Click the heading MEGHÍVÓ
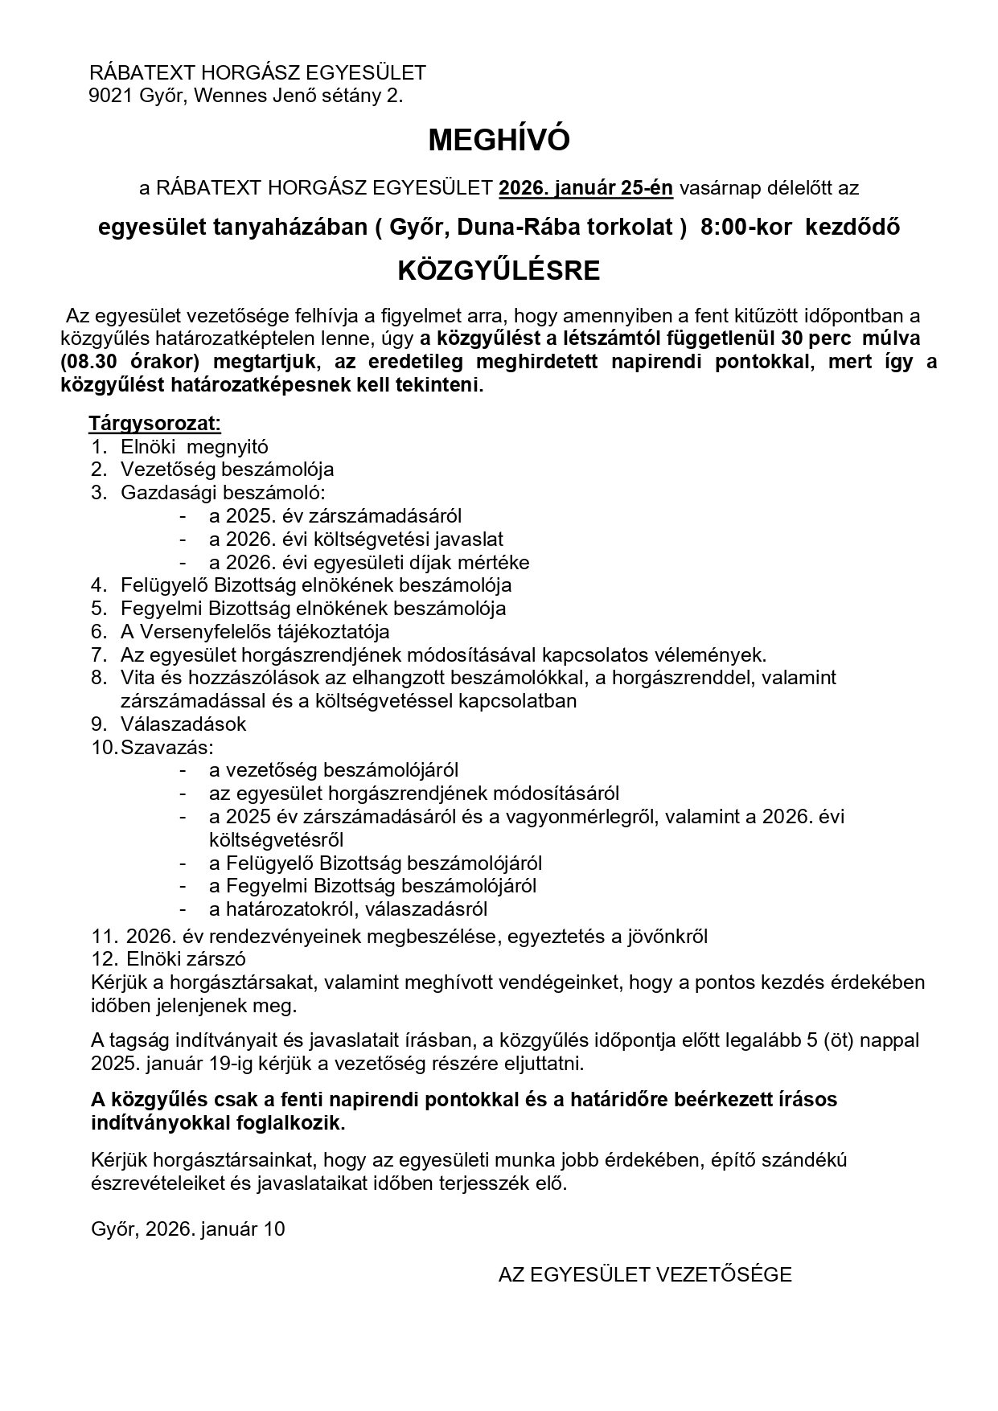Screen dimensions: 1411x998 tap(499, 141)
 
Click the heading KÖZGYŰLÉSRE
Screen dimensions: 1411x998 tap(499, 271)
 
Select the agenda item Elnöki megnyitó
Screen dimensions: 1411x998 tap(195, 447)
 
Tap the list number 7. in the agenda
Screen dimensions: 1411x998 tap(99, 654)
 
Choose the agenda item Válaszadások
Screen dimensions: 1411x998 tap(183, 724)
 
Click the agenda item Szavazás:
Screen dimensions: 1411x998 tap(167, 747)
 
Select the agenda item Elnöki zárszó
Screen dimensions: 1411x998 tap(186, 959)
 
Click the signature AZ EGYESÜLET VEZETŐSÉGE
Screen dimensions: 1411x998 tap(645, 1275)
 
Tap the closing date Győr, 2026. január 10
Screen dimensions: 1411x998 tap(188, 1229)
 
